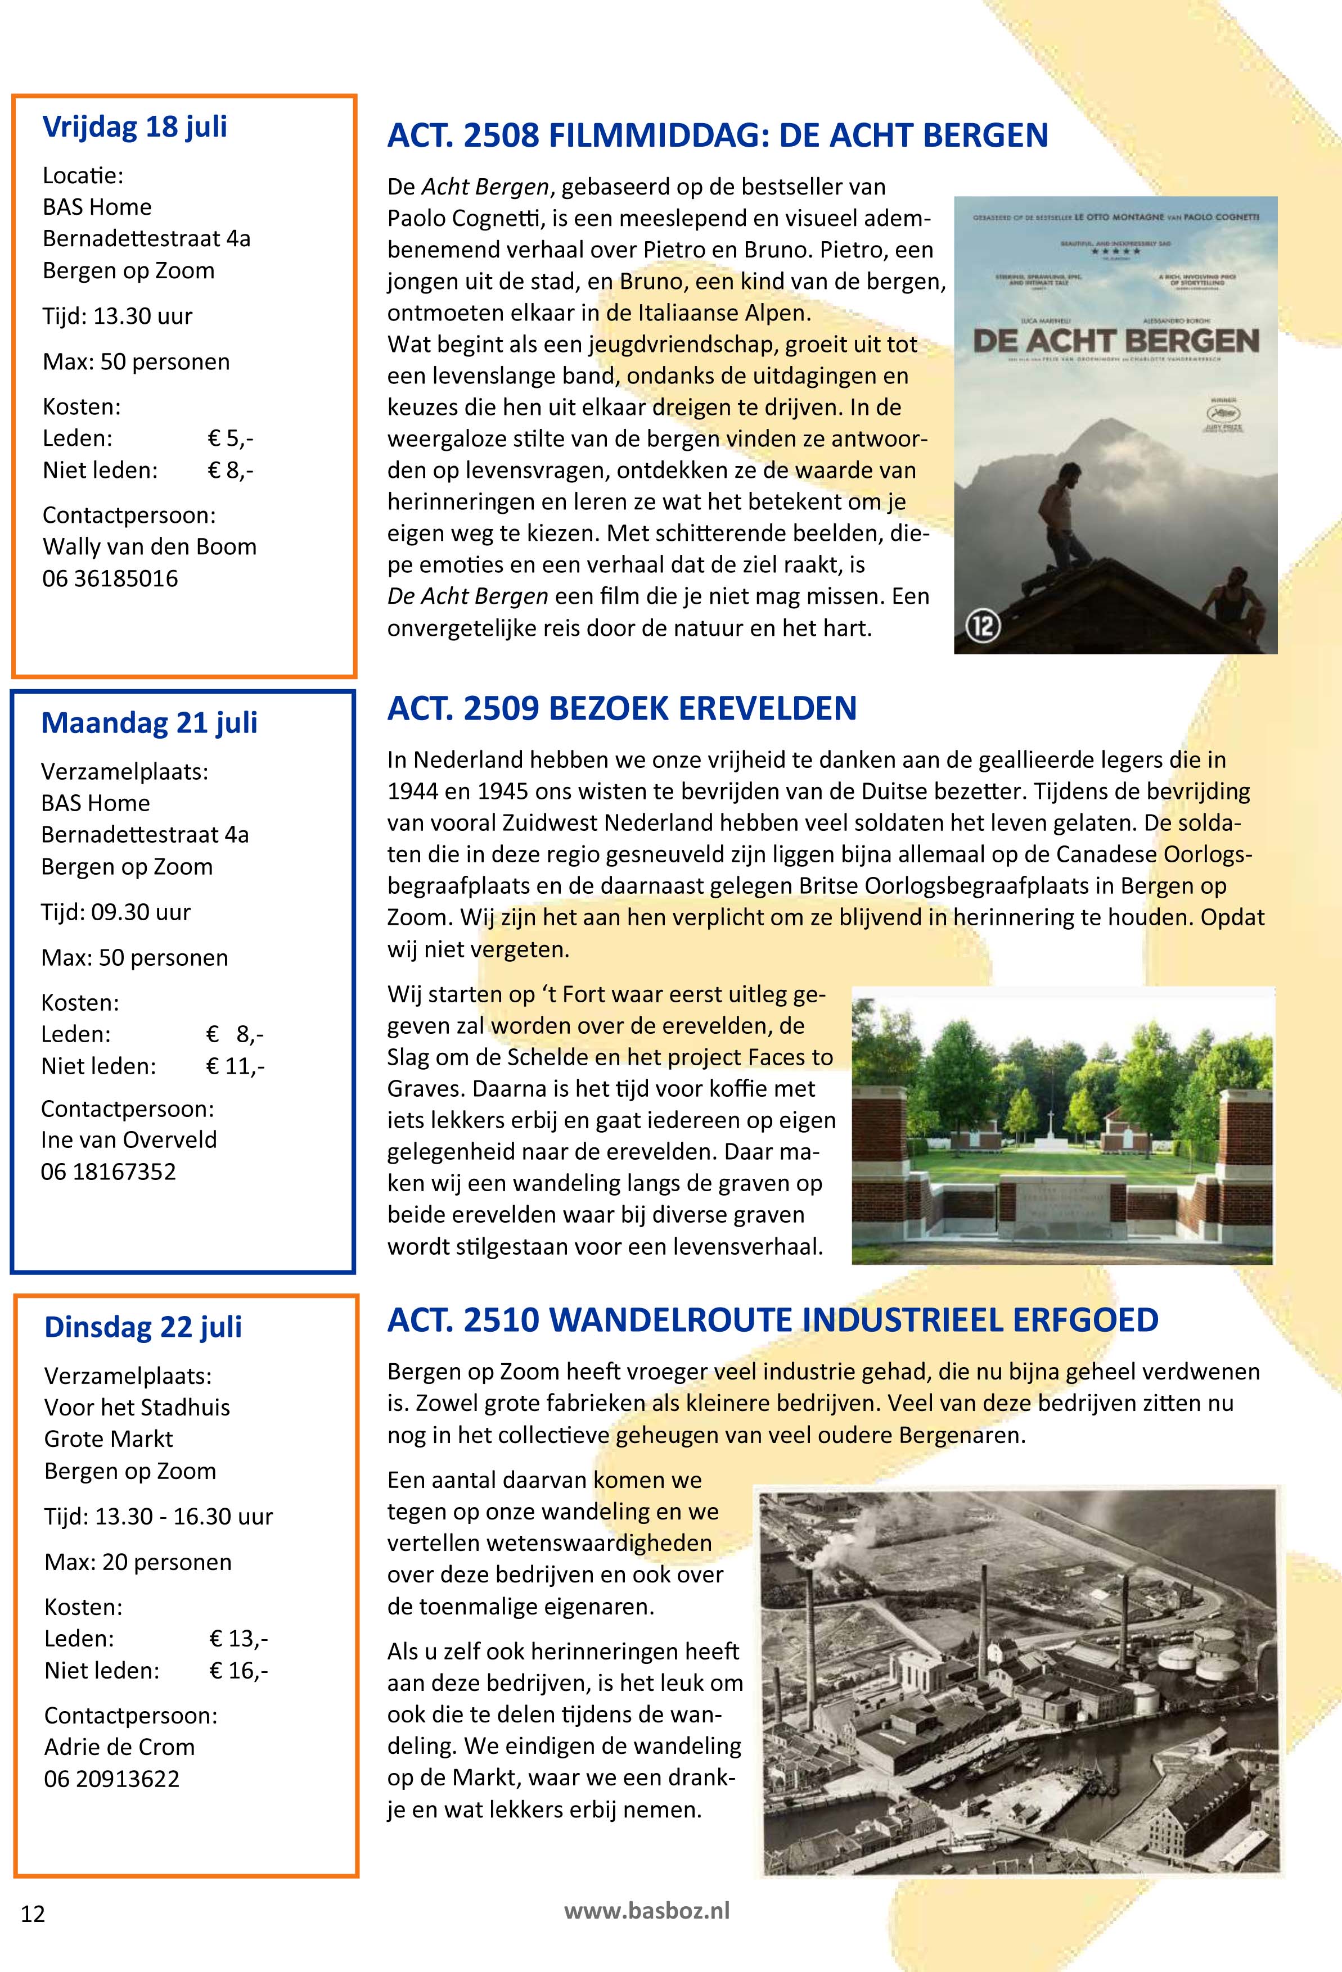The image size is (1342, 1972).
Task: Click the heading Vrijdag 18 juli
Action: tap(135, 127)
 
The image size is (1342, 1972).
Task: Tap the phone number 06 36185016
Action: tap(110, 578)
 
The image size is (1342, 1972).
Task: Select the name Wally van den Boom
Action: tap(150, 546)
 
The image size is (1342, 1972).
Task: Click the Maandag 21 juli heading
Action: tap(150, 723)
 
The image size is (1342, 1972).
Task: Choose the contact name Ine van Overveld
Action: tap(129, 1139)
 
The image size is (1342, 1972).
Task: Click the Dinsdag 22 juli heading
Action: tap(143, 1326)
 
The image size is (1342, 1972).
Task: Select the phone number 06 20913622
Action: tap(112, 1779)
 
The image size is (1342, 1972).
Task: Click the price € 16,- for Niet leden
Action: tap(238, 1671)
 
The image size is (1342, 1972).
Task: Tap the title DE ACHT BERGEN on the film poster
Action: tap(1115, 341)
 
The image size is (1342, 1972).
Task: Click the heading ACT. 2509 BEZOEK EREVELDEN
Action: tap(622, 708)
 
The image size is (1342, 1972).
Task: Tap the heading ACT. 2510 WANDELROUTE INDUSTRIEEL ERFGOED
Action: tap(772, 1320)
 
